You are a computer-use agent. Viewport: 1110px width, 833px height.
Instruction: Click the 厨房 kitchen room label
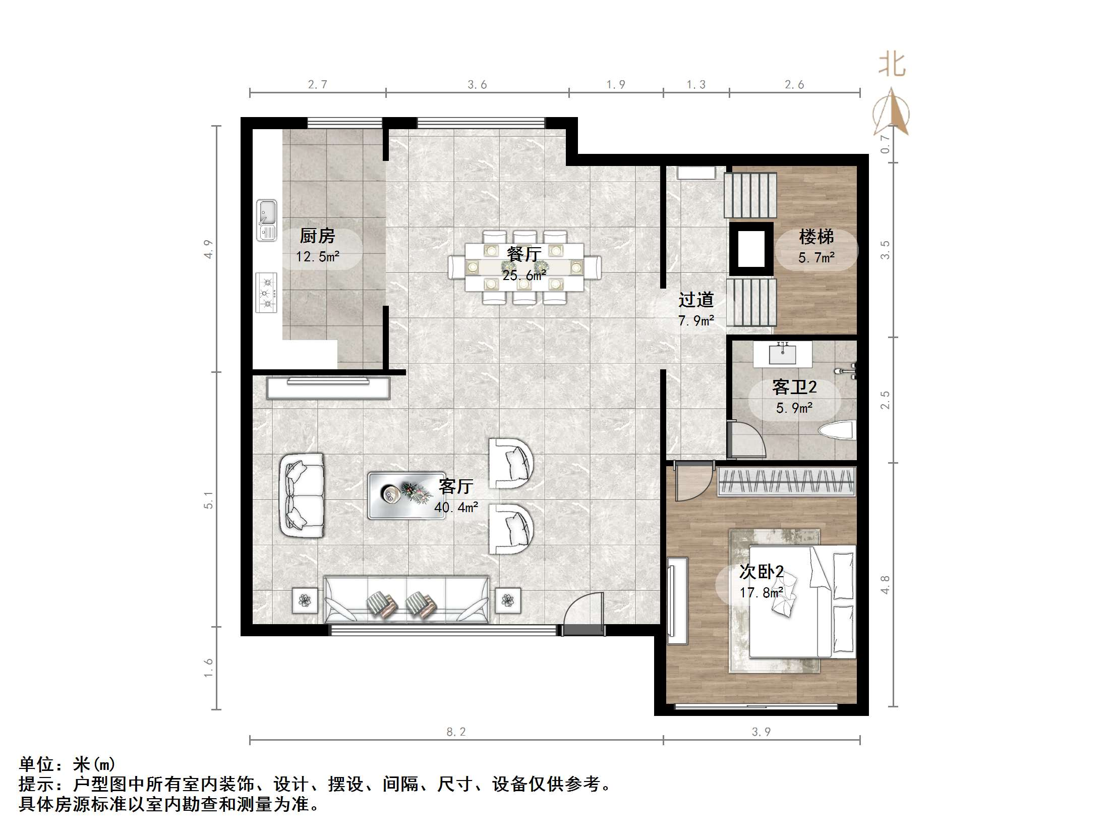(x=317, y=236)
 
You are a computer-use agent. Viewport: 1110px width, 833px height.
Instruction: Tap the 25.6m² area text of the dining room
(x=524, y=275)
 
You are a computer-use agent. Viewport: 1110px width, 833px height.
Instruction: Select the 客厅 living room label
(x=455, y=486)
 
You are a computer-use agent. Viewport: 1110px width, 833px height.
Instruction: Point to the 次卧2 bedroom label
(x=762, y=572)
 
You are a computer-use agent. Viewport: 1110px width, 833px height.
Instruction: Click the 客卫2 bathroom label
(x=794, y=387)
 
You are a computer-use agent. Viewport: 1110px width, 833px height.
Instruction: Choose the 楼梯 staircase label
(x=816, y=237)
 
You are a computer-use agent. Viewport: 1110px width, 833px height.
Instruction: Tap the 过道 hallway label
(x=696, y=300)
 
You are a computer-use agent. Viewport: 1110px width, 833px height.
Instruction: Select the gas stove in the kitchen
(x=266, y=293)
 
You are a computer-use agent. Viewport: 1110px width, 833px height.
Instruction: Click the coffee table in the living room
(x=406, y=495)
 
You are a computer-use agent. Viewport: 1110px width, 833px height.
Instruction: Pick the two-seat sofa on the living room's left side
(x=302, y=495)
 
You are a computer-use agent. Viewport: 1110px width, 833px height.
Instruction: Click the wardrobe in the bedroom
(x=787, y=481)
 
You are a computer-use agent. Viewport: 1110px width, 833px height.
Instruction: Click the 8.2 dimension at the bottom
(x=456, y=732)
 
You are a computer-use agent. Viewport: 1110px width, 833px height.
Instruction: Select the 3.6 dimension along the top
(x=477, y=85)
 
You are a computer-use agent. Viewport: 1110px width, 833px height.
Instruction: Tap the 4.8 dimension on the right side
(x=885, y=584)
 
